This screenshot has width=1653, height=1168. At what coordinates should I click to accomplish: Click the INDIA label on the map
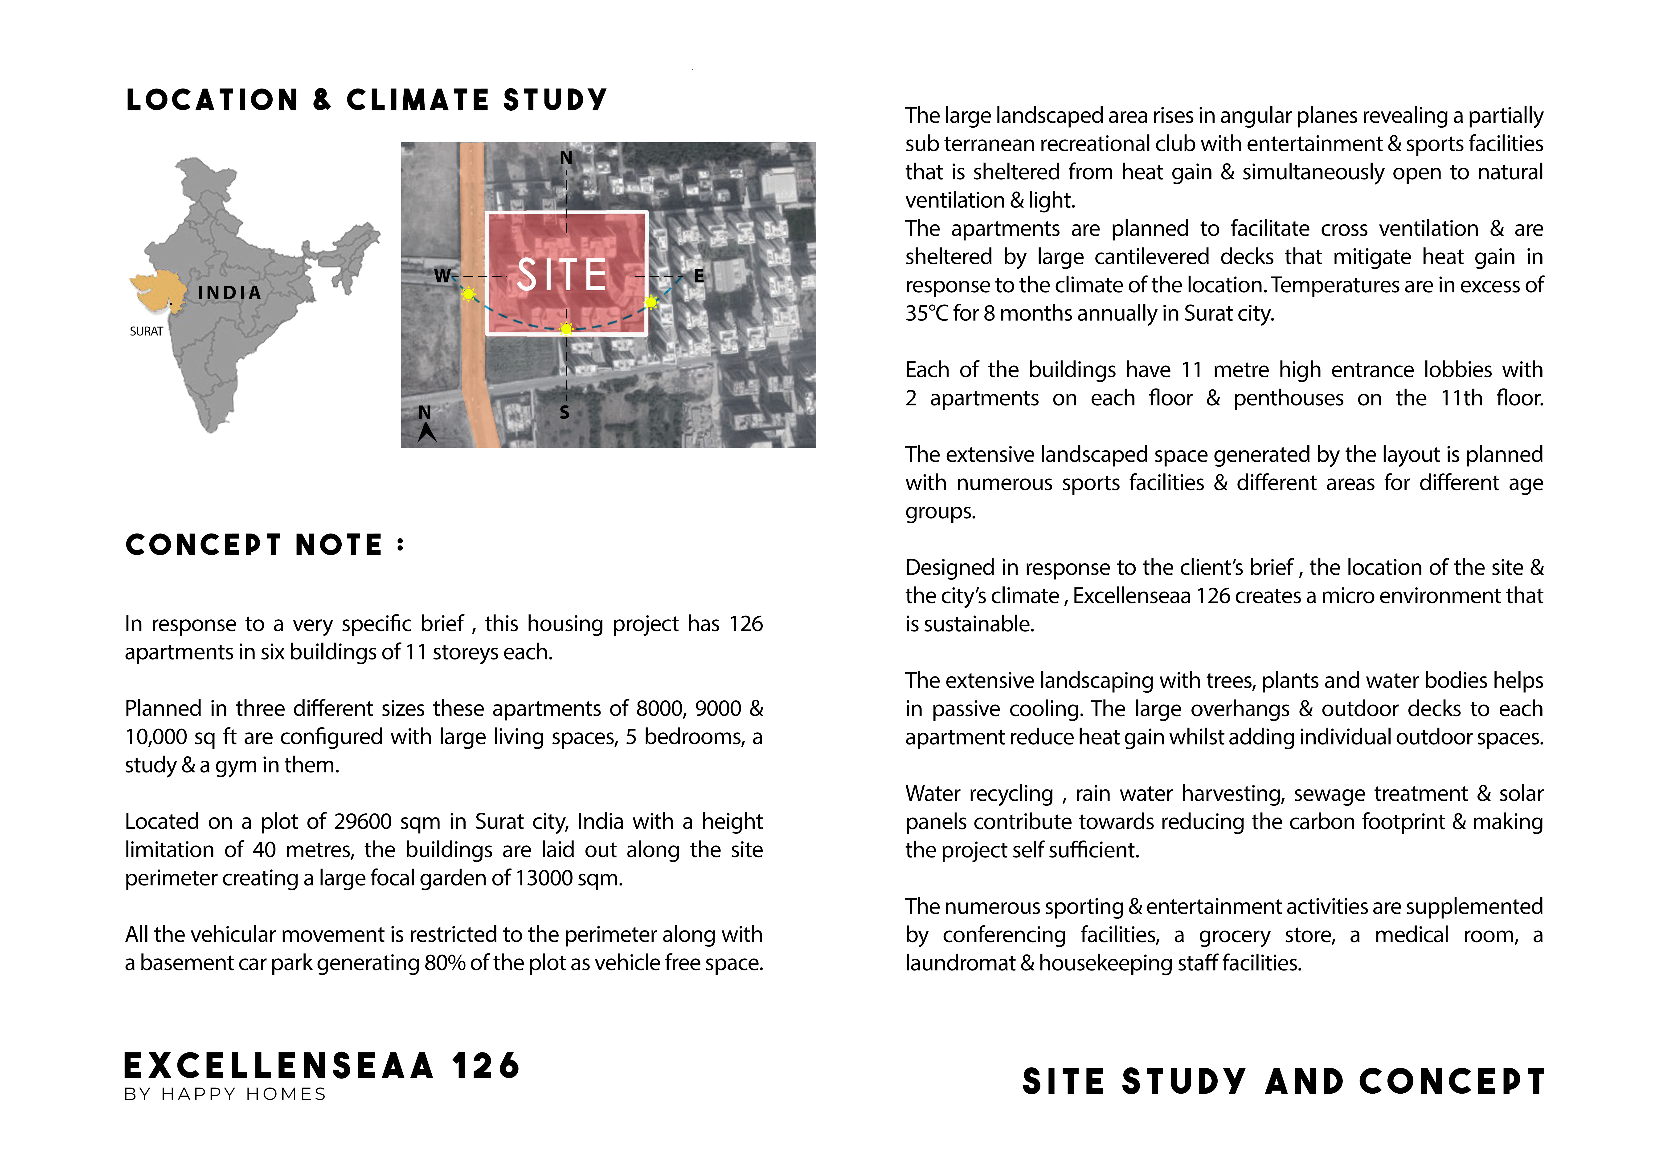tap(229, 293)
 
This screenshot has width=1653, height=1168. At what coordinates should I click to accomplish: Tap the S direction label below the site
tap(565, 412)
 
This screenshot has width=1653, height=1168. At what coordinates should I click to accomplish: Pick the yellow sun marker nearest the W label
tap(469, 294)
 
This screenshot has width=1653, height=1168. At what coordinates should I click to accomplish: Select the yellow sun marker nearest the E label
tap(651, 302)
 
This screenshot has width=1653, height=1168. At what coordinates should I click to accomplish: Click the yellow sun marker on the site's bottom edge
tap(567, 329)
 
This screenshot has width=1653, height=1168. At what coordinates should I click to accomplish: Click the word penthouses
tap(1288, 398)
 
